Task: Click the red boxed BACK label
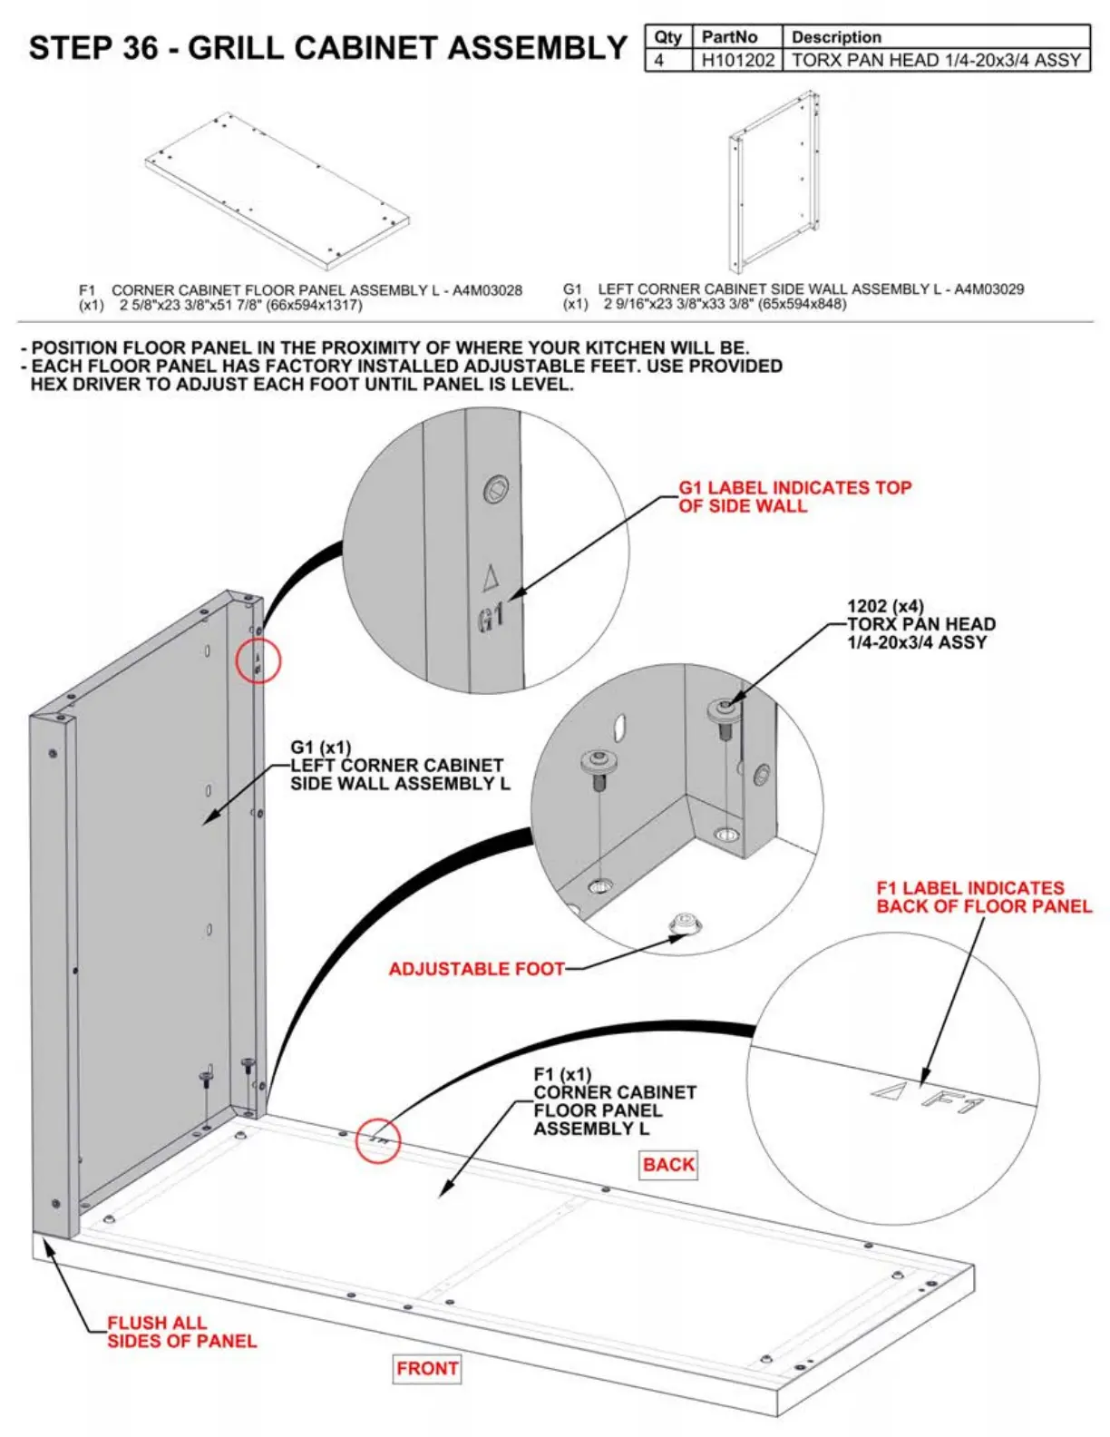point(668,1164)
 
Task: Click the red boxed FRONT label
point(427,1368)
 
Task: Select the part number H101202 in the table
point(737,60)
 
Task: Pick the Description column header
point(836,37)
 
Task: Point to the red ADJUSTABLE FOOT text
point(476,969)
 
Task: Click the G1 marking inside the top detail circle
point(491,619)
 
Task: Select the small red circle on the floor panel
point(377,1139)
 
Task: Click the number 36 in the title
point(140,47)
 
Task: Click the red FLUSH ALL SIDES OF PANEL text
point(181,1332)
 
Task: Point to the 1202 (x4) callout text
point(885,606)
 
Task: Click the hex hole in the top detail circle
point(496,490)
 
